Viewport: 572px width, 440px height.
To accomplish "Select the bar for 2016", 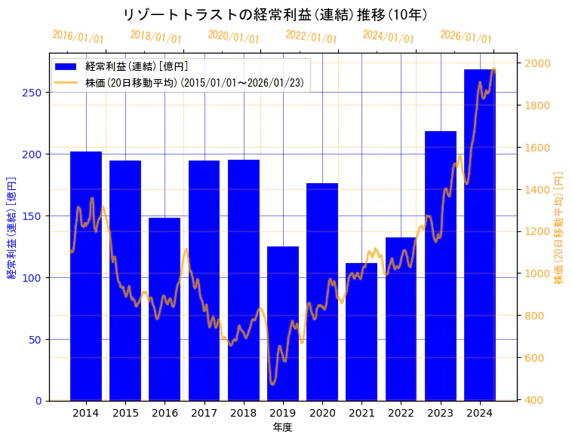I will click(165, 309).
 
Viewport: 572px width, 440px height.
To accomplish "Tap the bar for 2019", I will click(283, 323).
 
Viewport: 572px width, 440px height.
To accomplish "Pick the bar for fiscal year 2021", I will click(361, 332).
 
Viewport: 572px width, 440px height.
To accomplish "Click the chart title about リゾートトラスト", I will click(275, 14).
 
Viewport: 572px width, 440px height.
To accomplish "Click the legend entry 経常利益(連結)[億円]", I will click(137, 66).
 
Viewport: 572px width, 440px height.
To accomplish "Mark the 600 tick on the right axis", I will click(534, 358).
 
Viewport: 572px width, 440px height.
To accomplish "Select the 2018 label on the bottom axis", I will click(244, 413).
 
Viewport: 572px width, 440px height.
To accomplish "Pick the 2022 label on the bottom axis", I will click(401, 413).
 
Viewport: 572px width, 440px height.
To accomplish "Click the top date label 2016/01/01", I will click(78, 37).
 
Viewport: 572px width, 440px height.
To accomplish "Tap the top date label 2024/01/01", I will click(388, 37).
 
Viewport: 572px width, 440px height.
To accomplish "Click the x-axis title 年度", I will click(283, 427).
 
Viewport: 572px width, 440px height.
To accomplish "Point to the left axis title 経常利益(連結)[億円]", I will click(11, 228).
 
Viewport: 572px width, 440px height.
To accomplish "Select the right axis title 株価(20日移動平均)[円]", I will click(559, 228).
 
